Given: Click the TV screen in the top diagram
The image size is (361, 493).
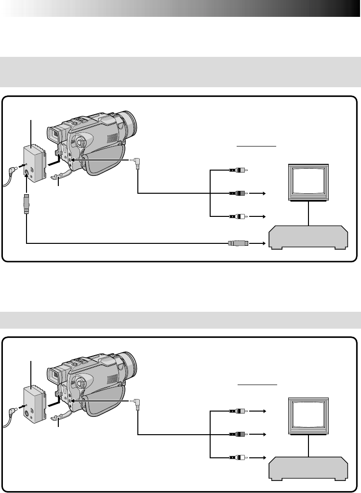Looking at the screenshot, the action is [308, 183].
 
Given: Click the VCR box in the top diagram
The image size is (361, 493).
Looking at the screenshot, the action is [308, 237].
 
